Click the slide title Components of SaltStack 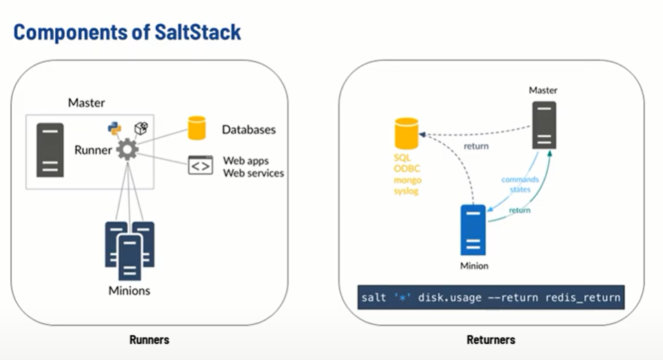(127, 32)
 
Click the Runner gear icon (127, 150)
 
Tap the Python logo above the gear (114, 129)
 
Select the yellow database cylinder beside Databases (197, 128)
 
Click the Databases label (249, 130)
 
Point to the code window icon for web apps (200, 166)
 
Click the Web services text (253, 173)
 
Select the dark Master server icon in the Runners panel (50, 149)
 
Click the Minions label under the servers (129, 290)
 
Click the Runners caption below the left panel (149, 340)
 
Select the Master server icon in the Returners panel (543, 124)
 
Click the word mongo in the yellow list (406, 179)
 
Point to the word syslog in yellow (406, 190)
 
